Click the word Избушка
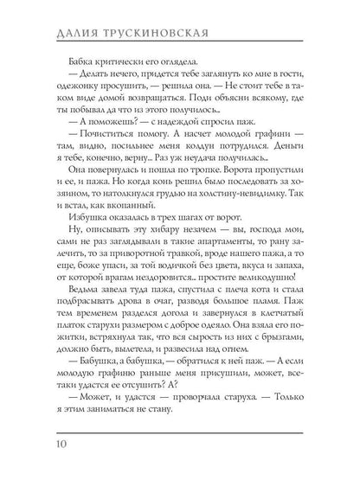coord(82,235)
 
